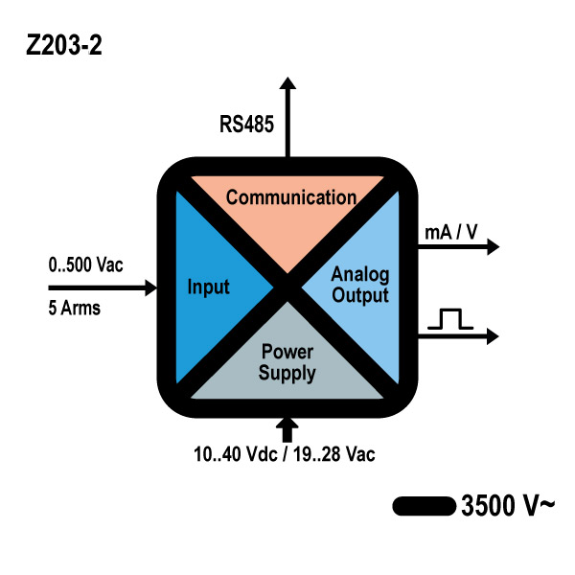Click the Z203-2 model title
point(63,46)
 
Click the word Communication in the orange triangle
point(290,198)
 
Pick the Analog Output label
point(359,286)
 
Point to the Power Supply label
point(287,363)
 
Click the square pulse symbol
point(450,320)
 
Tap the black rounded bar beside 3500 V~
point(423,505)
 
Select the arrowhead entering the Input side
point(149,287)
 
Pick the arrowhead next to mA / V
point(493,247)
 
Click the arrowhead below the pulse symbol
point(493,335)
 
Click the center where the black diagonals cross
point(287,287)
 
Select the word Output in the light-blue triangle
point(361,295)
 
